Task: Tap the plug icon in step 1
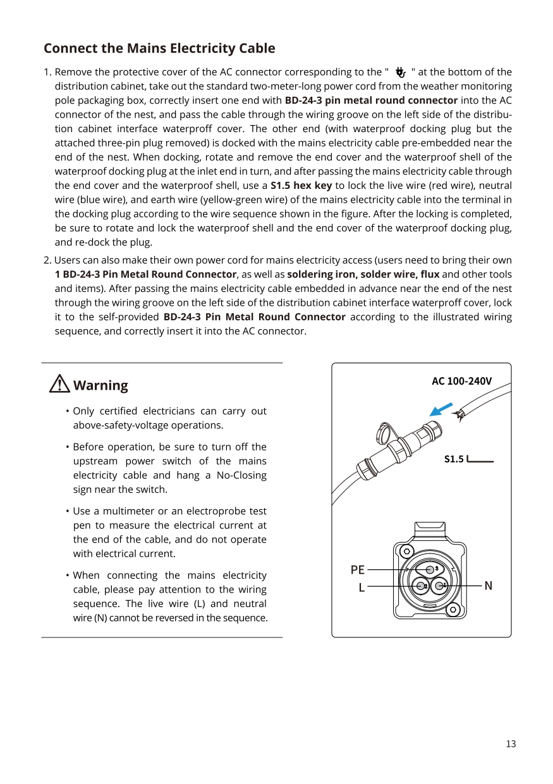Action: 400,73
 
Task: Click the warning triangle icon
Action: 59,384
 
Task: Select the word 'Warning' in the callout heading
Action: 100,385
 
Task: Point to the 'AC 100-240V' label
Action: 461,381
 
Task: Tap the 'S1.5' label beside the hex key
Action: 453,459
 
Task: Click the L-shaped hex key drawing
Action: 480,461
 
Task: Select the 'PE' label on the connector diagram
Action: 357,570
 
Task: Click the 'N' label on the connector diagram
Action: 488,586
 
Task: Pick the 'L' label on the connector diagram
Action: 361,588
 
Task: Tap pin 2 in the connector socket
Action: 421,586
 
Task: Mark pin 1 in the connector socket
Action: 440,586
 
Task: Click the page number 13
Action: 511,744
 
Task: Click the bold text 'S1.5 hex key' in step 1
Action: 301,186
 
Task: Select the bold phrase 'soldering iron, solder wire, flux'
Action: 363,274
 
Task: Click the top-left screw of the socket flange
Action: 407,550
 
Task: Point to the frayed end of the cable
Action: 461,414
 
